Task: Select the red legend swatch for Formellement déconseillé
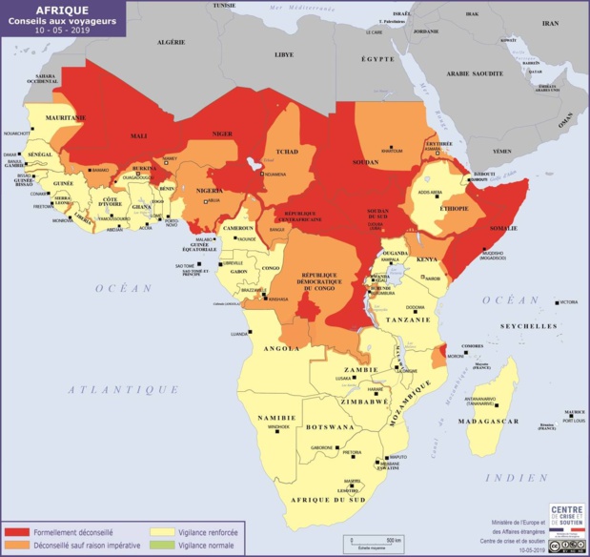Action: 16,531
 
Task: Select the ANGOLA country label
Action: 282,349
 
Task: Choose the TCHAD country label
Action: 286,153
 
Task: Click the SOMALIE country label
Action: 501,229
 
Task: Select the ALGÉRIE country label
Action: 170,43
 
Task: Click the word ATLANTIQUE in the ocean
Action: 123,389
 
